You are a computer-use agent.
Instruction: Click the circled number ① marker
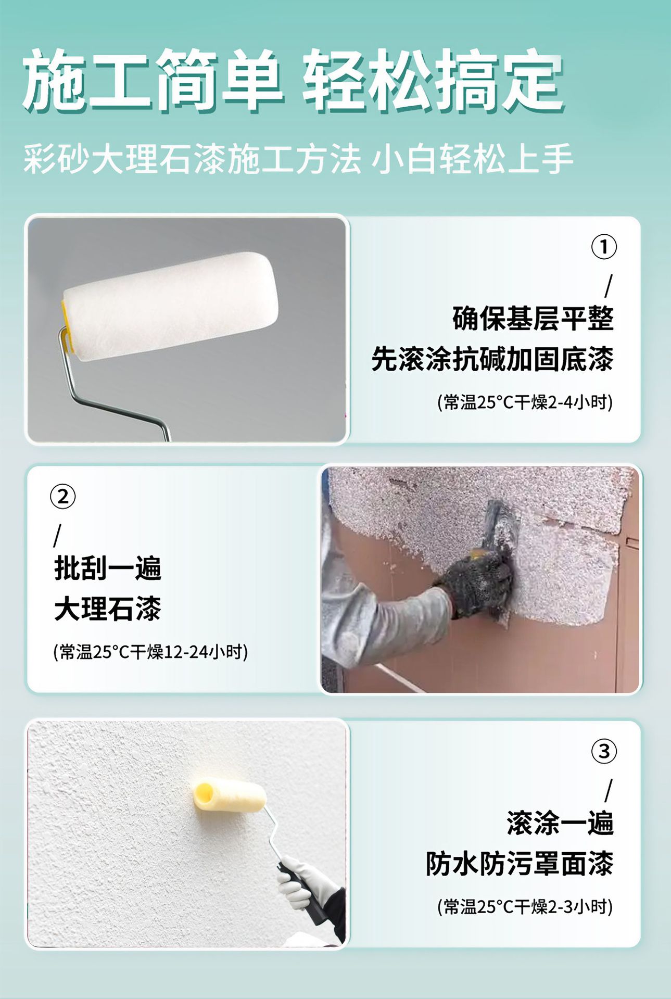604,247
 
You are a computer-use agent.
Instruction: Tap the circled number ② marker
63,497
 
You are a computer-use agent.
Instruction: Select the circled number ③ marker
604,751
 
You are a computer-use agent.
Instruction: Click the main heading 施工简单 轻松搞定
293,81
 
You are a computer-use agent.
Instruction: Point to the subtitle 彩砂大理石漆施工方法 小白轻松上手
298,158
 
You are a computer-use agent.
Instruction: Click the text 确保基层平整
533,319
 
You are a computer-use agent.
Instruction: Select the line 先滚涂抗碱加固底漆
492,359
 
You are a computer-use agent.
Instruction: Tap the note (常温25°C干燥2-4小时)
525,402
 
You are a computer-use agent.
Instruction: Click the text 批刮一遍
108,568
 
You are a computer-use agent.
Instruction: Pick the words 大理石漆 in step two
108,609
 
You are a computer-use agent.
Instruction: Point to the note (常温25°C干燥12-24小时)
151,652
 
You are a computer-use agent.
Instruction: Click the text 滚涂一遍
560,823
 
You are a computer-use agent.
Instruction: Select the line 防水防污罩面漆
520,864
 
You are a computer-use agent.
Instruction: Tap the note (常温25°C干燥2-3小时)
525,907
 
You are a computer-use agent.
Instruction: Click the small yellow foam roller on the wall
230,796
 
